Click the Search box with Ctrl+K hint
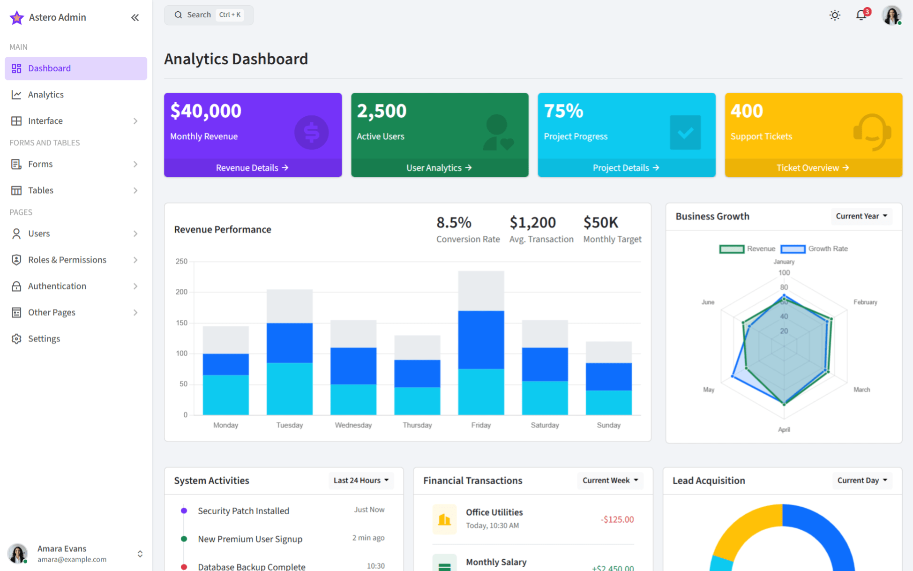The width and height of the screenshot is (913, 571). pos(208,15)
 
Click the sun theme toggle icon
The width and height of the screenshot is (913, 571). pos(835,15)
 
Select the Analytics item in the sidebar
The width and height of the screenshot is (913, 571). pos(46,95)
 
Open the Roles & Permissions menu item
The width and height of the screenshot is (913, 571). pos(67,260)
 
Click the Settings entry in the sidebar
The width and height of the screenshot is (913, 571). pos(44,338)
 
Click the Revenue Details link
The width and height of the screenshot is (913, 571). pos(252,168)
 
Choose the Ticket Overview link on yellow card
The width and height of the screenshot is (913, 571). pos(813,168)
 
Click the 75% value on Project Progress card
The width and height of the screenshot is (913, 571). pos(563,111)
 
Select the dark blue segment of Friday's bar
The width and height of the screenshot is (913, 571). pos(481,339)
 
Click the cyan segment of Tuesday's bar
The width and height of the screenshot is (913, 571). pos(289,388)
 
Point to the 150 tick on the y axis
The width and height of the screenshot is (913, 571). pos(181,323)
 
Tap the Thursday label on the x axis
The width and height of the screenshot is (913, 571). pos(417,425)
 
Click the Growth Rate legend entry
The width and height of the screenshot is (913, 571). pos(815,249)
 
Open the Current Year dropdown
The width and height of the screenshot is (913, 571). pos(861,216)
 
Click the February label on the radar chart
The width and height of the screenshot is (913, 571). pos(865,302)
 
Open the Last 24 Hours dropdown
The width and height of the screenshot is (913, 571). pos(361,481)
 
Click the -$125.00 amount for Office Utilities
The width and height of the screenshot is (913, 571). pos(617,519)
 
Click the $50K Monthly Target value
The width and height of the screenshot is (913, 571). pos(600,222)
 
